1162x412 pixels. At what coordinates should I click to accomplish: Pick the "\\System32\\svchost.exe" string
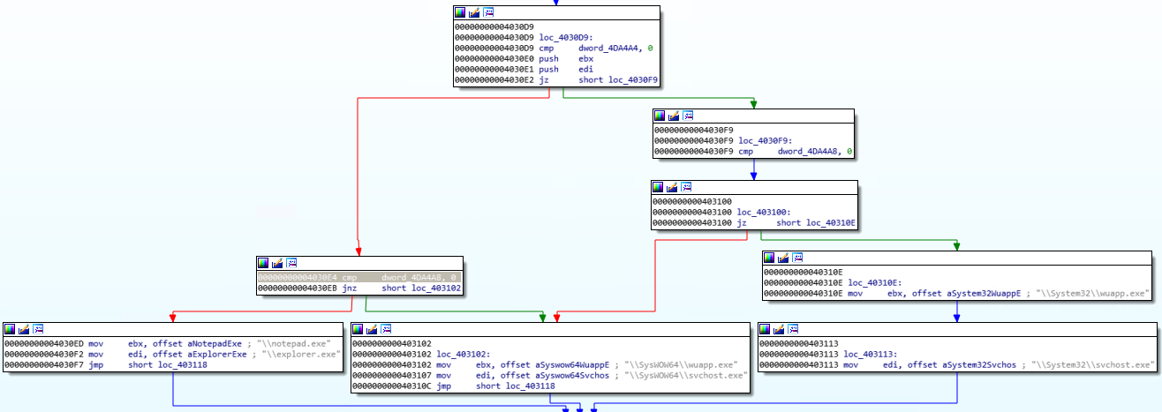(1097, 364)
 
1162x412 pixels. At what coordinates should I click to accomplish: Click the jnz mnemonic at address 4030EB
(351, 288)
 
